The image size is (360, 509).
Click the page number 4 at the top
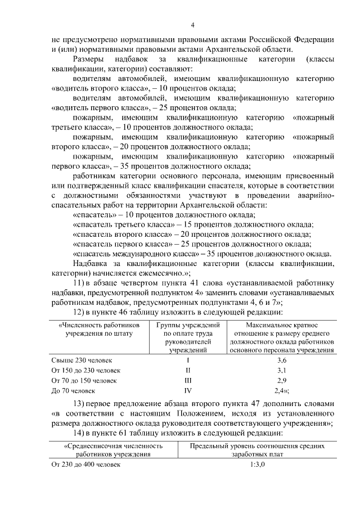(193, 25)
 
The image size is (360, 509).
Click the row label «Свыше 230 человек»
(82, 359)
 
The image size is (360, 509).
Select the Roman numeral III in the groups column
(188, 380)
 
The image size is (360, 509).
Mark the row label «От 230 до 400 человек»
(85, 465)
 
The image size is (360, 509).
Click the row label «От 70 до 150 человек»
(84, 380)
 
